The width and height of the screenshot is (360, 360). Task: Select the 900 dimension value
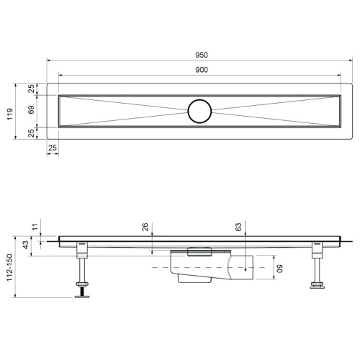[201, 70]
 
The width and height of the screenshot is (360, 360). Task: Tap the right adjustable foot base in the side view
[315, 289]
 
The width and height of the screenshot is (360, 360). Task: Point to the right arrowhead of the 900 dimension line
[340, 75]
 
